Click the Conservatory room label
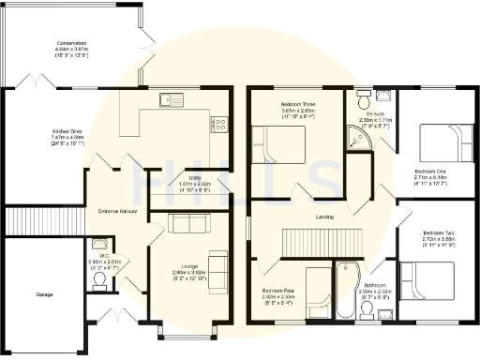click(71, 48)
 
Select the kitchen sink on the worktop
click(172, 97)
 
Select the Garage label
click(44, 295)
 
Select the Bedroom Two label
click(438, 235)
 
